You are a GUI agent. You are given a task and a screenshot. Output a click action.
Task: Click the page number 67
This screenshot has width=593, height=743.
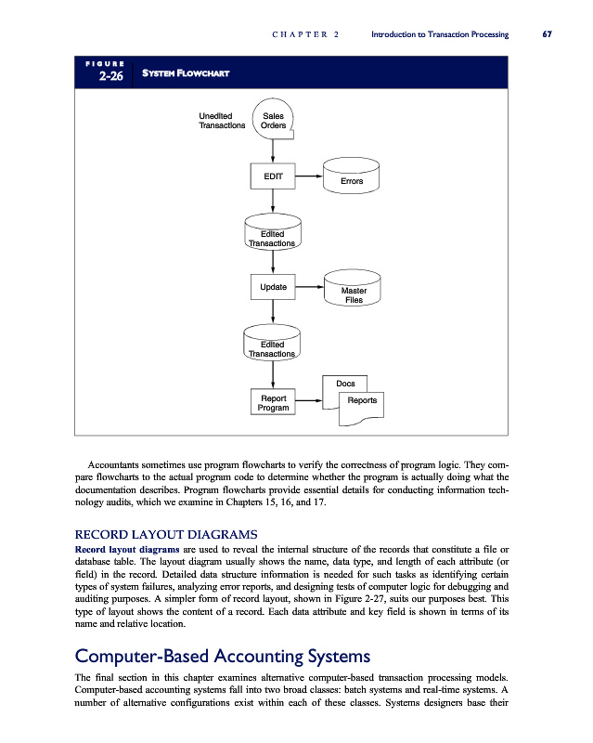pos(548,34)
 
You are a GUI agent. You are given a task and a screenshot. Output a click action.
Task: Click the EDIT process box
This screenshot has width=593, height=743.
pos(273,176)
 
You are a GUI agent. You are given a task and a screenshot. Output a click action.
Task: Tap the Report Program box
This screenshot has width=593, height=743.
pos(273,402)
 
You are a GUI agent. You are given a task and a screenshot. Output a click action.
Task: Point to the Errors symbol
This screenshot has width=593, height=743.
pos(352,179)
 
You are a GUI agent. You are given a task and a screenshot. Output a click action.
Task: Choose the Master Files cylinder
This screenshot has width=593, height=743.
pos(353,291)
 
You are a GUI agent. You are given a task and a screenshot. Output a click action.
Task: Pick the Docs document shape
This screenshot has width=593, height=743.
pos(345,383)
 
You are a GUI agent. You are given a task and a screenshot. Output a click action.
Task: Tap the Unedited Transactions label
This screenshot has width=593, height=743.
pos(222,121)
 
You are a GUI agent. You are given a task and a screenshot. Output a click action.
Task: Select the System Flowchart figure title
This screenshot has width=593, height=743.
pos(185,73)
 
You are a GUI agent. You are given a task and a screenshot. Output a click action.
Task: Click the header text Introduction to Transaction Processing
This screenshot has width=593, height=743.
pos(439,34)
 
